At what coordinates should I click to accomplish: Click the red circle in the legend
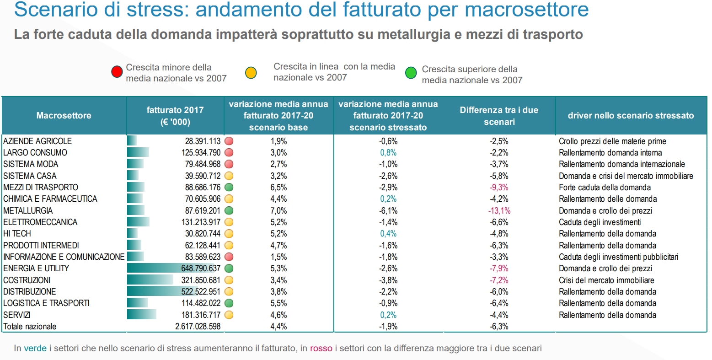tap(117, 72)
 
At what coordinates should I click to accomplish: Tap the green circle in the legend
tap(411, 73)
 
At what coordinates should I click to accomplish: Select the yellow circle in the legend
tap(251, 72)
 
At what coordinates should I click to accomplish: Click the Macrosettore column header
tap(64, 116)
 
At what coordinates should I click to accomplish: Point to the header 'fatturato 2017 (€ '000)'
tap(175, 116)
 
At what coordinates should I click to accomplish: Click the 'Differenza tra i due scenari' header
tap(499, 116)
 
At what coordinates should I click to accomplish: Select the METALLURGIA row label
tap(28, 211)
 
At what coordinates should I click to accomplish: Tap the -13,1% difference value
tap(499, 211)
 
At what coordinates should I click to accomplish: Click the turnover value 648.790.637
tap(201, 269)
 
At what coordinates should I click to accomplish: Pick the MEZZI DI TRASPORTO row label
tap(41, 188)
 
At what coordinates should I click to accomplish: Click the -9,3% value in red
tap(499, 188)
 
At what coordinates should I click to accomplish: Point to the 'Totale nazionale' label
tap(30, 327)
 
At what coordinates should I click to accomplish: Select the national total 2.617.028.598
tap(198, 327)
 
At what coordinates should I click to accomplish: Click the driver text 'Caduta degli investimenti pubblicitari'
tap(618, 257)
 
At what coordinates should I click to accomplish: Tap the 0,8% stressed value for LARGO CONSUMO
tap(388, 153)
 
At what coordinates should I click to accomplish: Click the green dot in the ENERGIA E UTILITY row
tap(229, 269)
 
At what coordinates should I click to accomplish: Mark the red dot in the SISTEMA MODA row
tap(229, 164)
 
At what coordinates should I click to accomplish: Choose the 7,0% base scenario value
tap(278, 211)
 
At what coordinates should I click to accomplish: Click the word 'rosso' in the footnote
tap(321, 349)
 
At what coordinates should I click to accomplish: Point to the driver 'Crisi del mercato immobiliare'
tap(606, 280)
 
